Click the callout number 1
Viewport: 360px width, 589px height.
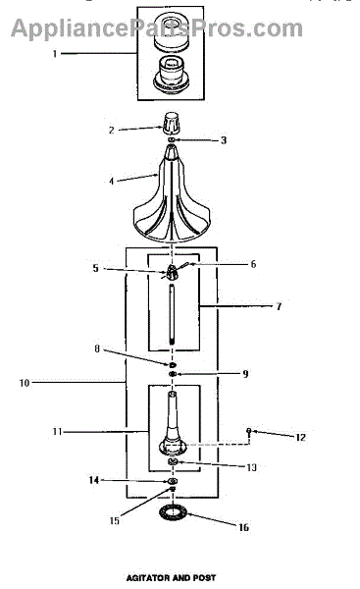pos(55,54)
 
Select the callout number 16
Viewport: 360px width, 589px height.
pos(243,527)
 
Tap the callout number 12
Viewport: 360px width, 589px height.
pos(300,437)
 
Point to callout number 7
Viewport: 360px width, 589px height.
pos(279,306)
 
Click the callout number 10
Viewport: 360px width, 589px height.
pos(24,383)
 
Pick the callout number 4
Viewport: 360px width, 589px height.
pos(112,181)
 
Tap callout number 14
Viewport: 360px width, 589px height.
pos(94,480)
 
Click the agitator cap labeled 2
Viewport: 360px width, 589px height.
pos(172,123)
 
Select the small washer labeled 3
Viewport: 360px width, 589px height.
pos(172,140)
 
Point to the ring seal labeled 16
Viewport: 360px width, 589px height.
pos(173,513)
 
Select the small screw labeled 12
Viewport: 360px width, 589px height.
pos(248,431)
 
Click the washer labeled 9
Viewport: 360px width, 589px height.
pos(173,374)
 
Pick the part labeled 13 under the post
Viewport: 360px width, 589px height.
pos(173,461)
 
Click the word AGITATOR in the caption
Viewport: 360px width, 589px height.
pos(147,578)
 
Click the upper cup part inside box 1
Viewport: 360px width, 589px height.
pos(172,31)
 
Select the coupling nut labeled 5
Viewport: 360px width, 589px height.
pos(172,272)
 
